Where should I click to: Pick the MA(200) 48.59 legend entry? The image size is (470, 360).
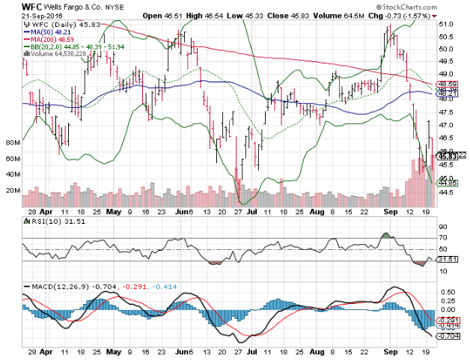click(52, 40)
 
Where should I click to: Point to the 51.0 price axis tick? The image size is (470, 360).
click(446, 24)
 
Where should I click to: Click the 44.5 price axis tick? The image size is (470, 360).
click(446, 192)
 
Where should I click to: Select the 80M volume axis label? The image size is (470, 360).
click(11, 141)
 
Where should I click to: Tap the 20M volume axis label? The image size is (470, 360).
click(11, 190)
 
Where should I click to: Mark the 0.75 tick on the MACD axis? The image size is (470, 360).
click(445, 287)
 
